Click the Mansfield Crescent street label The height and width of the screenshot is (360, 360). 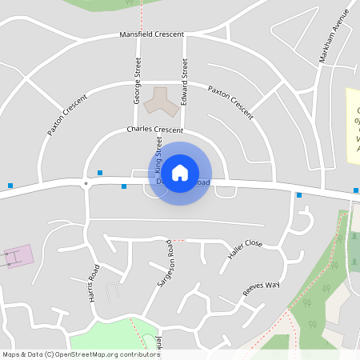coord(151,34)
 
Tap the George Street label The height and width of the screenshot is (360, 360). coord(138,81)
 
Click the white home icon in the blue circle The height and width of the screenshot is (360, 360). coord(180,173)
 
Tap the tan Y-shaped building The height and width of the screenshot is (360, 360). coord(158,99)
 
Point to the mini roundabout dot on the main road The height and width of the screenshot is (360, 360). coord(86,183)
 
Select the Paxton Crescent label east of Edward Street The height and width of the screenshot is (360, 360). coord(230,102)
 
